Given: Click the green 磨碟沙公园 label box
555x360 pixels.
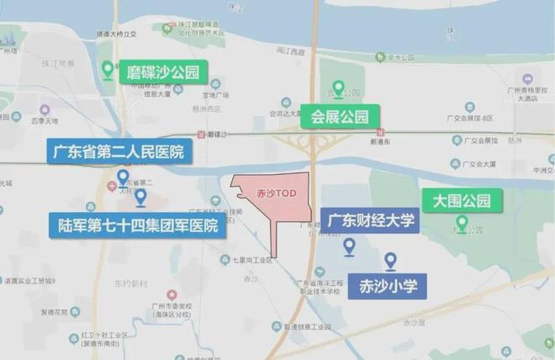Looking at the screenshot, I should (x=162, y=71).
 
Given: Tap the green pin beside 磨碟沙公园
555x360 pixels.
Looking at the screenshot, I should (x=108, y=70).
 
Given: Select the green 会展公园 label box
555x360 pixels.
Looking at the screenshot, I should (x=341, y=115).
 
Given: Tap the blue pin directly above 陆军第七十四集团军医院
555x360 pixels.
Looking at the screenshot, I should (x=140, y=198).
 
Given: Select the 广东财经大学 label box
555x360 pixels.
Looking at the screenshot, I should (x=371, y=221).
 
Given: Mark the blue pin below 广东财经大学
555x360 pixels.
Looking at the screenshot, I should (x=349, y=246).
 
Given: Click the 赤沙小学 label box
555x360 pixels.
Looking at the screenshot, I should (x=388, y=283).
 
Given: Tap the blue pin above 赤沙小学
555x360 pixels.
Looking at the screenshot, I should (x=390, y=260).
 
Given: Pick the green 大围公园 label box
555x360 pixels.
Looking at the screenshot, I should (x=461, y=200).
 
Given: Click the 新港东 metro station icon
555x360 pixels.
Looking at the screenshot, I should (x=379, y=133).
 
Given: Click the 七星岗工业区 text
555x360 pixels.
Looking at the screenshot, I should (x=250, y=261).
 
